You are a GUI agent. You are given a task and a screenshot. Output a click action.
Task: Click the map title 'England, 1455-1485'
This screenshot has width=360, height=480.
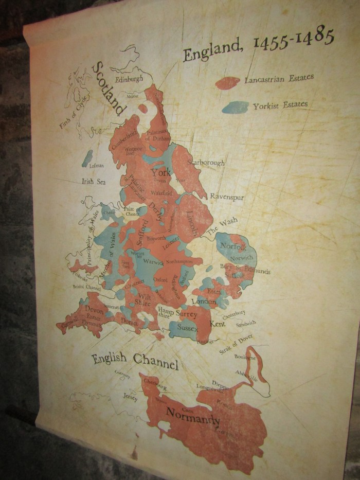point(259,45)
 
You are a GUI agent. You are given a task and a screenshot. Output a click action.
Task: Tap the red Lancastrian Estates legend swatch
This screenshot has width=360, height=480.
point(227,83)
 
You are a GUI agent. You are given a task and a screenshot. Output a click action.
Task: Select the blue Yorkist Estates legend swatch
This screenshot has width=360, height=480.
point(236,107)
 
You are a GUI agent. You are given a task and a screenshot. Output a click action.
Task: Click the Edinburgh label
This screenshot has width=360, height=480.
point(129,80)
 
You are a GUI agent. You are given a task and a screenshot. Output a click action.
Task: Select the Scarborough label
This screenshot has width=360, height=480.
point(206,162)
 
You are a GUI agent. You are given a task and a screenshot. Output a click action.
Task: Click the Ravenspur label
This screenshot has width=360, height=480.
point(227,197)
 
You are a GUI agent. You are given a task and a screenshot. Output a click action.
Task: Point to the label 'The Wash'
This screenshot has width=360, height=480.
point(222,225)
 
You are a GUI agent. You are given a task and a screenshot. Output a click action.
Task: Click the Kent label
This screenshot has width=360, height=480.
point(218,324)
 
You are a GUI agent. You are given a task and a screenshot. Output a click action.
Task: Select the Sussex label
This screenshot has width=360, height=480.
point(187,326)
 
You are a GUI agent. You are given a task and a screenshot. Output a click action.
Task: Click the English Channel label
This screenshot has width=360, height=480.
point(135,361)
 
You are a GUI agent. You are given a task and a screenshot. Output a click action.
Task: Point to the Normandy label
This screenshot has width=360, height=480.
point(193,416)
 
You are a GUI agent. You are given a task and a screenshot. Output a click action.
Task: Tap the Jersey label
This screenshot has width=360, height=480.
point(131,398)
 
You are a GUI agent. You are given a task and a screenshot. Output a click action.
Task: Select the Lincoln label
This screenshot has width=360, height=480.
point(191,223)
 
